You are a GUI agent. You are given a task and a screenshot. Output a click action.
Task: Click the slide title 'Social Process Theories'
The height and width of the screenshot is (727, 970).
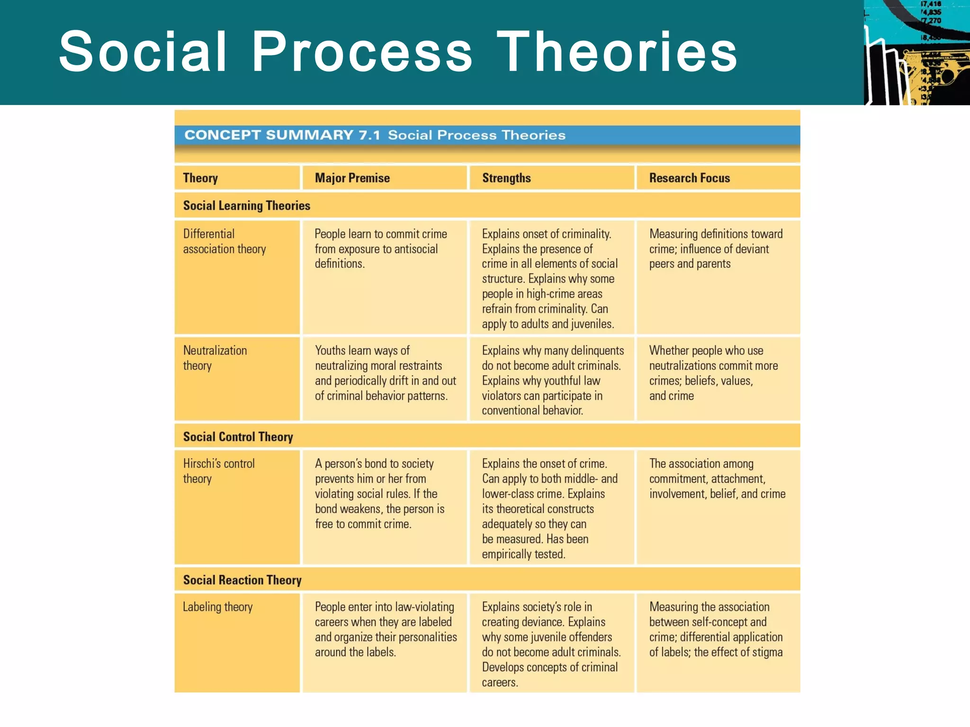tap(398, 51)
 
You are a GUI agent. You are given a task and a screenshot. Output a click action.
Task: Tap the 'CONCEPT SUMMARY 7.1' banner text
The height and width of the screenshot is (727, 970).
tap(282, 135)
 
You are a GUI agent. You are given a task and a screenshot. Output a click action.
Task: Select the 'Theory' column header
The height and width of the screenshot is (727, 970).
tap(200, 178)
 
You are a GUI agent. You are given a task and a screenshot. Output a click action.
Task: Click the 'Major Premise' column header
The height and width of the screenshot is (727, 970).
tap(352, 178)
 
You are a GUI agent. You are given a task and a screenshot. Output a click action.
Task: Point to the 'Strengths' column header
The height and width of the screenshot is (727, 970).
tap(506, 178)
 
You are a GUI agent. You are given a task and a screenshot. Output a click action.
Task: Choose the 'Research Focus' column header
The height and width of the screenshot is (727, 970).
tap(689, 178)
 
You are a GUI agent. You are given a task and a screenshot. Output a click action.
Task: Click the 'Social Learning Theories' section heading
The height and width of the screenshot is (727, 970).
tap(246, 205)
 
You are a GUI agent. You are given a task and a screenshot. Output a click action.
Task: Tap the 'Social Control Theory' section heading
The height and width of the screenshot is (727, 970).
tap(238, 436)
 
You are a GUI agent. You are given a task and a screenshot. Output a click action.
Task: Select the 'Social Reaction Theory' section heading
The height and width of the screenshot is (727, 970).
tap(242, 580)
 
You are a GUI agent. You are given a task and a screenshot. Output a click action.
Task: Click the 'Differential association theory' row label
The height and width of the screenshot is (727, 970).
tap(225, 241)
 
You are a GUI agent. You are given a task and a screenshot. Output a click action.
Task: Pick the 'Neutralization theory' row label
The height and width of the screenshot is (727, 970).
tap(215, 358)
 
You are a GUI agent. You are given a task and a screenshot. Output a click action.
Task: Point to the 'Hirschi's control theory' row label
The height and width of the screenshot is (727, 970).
tap(219, 471)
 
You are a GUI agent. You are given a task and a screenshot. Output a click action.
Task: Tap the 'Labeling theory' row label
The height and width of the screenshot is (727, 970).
tap(218, 607)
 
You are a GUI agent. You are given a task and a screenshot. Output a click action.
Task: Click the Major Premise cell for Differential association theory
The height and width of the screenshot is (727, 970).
tap(381, 249)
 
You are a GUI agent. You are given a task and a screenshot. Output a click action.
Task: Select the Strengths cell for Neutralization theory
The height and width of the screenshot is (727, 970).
tap(552, 380)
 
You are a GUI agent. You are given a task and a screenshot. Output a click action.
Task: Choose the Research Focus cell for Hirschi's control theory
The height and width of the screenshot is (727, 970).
tap(717, 479)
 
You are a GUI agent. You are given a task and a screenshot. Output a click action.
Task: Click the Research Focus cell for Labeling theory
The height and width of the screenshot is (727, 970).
tap(716, 629)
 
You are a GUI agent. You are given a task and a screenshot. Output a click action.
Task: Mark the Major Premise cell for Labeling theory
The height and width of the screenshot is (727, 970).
tap(386, 629)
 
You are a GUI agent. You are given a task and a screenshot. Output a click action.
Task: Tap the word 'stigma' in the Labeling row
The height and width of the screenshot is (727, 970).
tap(767, 652)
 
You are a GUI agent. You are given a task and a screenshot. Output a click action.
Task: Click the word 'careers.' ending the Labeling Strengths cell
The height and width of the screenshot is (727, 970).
tap(500, 683)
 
